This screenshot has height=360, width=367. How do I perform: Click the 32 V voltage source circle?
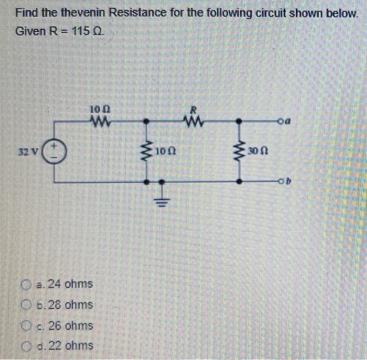[x=55, y=152]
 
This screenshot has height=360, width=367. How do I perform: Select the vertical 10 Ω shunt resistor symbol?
[x=147, y=151]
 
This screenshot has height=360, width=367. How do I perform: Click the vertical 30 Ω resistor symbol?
[x=240, y=151]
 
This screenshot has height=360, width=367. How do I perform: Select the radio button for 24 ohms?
[x=27, y=285]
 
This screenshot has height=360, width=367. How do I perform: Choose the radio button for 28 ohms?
[x=27, y=305]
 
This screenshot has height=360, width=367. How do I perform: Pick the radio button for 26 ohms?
[x=27, y=325]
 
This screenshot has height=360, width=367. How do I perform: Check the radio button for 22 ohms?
[x=27, y=346]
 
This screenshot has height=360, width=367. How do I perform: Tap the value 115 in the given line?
[x=81, y=31]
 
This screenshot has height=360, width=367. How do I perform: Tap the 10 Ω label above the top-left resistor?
[x=99, y=110]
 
